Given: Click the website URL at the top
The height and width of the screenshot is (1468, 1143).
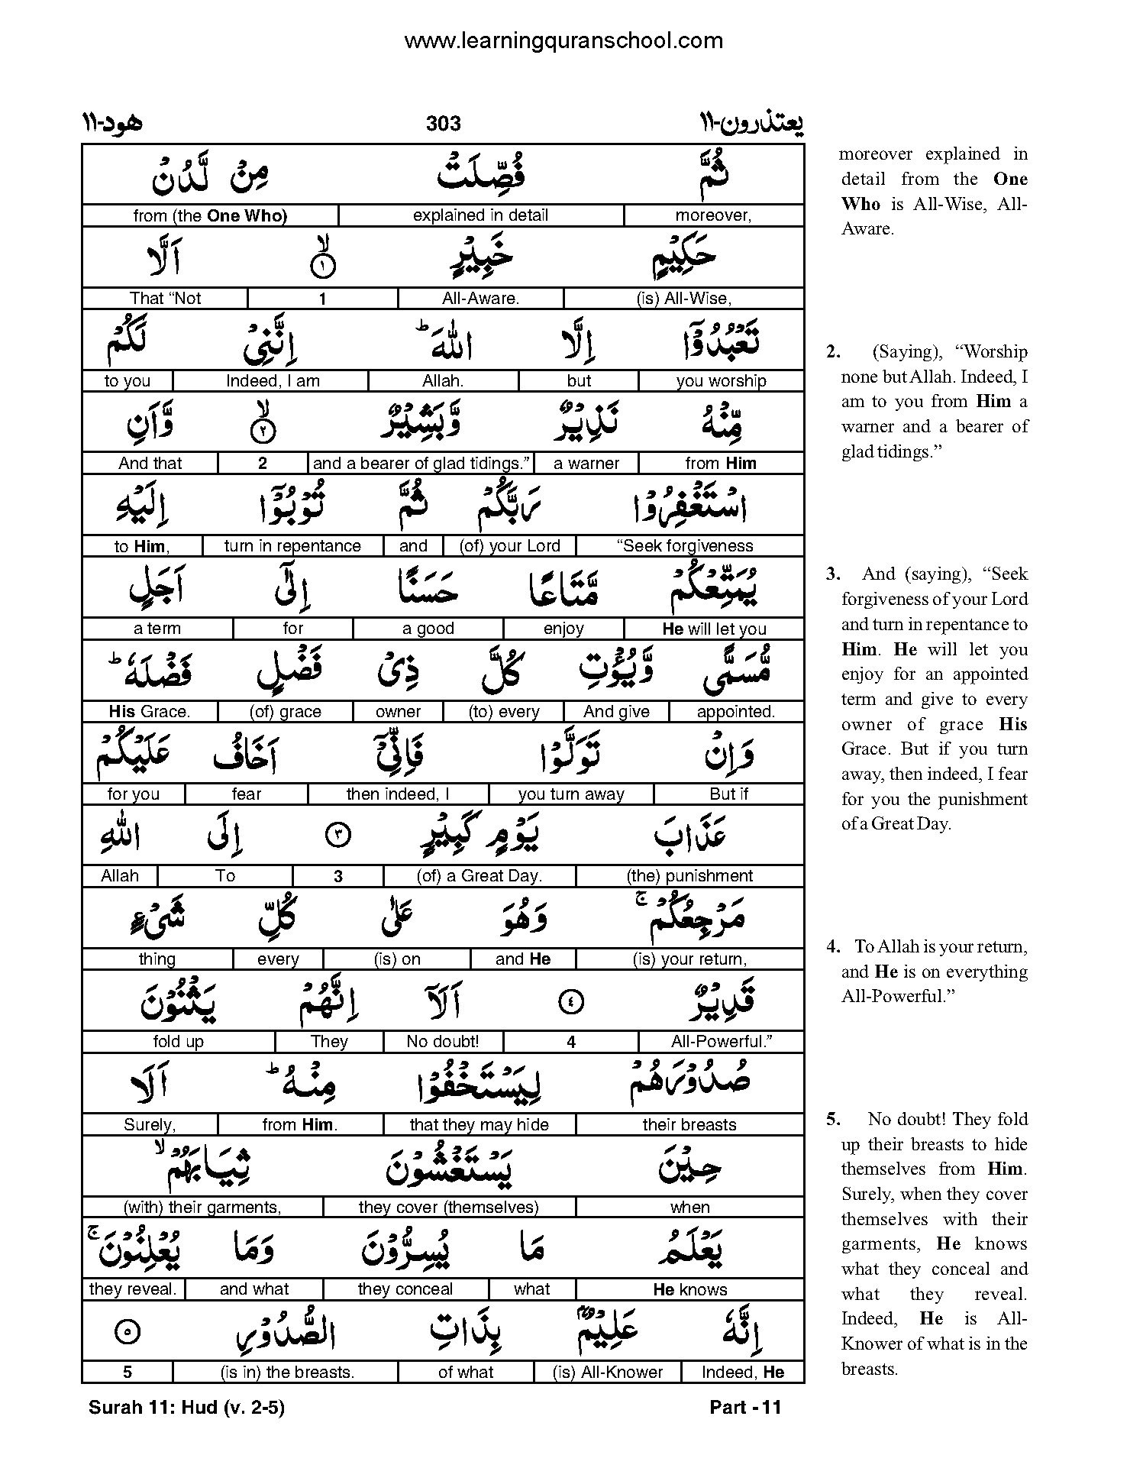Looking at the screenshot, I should click(x=563, y=40).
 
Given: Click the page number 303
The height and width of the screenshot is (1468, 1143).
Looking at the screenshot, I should click(x=444, y=124).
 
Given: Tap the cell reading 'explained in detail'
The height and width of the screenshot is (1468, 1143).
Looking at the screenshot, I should click(x=480, y=215).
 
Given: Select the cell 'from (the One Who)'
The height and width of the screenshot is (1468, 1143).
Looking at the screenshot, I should click(x=210, y=215).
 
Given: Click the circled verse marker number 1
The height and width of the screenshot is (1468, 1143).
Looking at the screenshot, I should click(x=323, y=267).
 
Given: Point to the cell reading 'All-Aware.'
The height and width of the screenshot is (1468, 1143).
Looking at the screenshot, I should click(x=480, y=299).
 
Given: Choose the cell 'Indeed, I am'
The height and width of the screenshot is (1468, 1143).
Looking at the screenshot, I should click(x=273, y=381).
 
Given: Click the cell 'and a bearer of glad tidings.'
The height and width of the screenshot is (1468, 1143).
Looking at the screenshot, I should click(x=421, y=463).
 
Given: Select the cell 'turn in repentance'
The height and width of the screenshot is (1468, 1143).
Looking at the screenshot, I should click(x=292, y=546).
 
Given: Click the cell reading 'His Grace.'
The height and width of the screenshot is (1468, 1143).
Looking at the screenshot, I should click(x=150, y=712).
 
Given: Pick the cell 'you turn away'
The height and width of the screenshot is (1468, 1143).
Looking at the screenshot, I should click(x=571, y=794).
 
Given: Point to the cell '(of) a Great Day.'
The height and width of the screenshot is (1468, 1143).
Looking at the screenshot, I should click(x=479, y=876).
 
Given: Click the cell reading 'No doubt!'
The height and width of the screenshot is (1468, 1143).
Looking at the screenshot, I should click(x=443, y=1042).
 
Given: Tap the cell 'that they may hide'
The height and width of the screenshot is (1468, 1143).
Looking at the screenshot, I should click(x=479, y=1124).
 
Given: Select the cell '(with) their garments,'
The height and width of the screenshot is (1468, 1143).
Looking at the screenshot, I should click(x=202, y=1208).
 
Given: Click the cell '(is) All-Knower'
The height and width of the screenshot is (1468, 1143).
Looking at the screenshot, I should click(x=608, y=1373).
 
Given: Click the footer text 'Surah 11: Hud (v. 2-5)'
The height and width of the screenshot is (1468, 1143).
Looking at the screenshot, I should click(x=186, y=1408).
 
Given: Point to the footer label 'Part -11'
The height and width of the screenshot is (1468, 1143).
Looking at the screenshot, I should click(x=745, y=1408).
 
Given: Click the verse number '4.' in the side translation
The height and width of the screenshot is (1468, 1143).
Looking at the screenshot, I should click(x=834, y=947).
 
